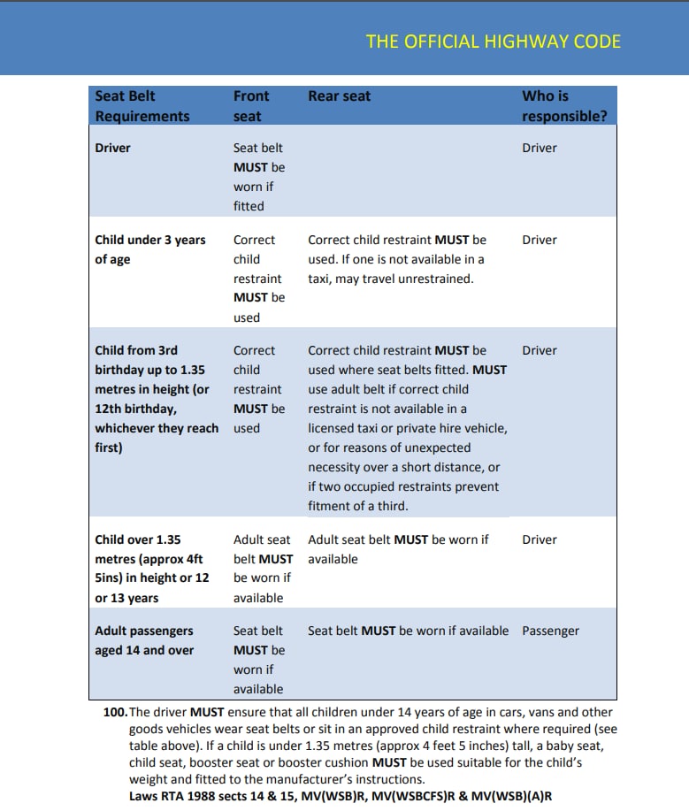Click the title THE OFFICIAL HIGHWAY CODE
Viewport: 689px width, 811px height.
[x=493, y=42]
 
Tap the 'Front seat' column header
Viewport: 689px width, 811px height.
[x=251, y=106]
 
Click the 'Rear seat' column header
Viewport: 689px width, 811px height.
[x=340, y=96]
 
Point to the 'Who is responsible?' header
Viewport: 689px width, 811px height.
[x=564, y=106]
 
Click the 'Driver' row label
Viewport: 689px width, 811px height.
[x=112, y=148]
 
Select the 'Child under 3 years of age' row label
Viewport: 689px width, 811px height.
[x=149, y=249]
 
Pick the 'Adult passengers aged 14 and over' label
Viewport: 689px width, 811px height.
[x=144, y=640]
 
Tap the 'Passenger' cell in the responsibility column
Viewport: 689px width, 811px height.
[x=550, y=631]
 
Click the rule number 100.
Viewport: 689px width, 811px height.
[x=115, y=712]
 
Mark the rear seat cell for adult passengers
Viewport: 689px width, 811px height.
[x=408, y=631]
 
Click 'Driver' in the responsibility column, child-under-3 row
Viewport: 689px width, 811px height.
[x=540, y=240]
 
